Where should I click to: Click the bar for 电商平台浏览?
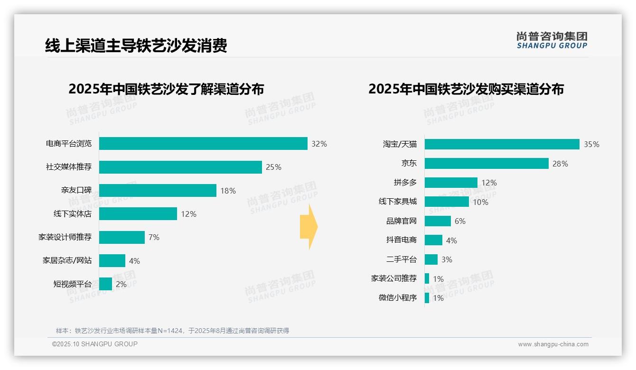tap(203, 144)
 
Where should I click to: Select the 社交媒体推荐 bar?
tap(180, 167)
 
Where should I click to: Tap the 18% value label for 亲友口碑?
tap(228, 191)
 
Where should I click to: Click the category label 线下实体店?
tap(72, 214)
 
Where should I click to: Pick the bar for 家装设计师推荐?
tap(122, 237)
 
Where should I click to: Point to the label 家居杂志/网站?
tap(67, 260)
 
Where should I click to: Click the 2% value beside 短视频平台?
tap(121, 284)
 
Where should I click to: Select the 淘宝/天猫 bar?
tap(502, 144)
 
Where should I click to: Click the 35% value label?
tap(591, 145)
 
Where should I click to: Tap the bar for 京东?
tap(486, 164)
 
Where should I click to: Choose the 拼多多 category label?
tap(405, 183)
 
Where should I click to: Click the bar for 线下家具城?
tap(447, 202)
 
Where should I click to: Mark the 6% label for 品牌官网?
tap(460, 221)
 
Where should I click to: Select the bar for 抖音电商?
tap(433, 240)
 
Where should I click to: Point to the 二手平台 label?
tap(401, 259)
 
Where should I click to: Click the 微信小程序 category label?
tap(397, 298)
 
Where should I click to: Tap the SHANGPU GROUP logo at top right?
tap(552, 40)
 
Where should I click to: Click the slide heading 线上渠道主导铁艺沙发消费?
tap(136, 46)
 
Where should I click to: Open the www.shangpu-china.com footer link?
tap(553, 344)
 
